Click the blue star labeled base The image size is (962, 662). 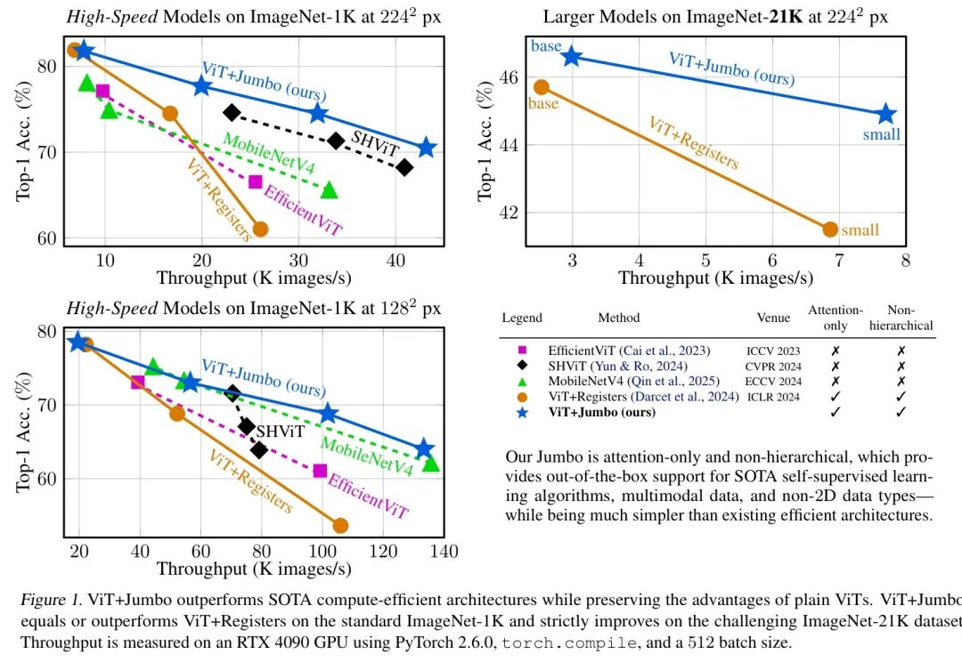[571, 57]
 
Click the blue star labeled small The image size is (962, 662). [885, 114]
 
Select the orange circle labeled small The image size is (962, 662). [830, 230]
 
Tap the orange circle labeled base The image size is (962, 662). [541, 87]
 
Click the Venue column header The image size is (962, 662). [774, 318]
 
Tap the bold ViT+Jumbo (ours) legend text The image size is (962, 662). [601, 412]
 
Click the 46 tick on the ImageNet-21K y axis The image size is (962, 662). [509, 77]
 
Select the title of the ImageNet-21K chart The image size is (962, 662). [716, 16]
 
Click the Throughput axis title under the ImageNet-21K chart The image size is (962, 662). [716, 279]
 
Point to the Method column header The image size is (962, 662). [618, 318]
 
